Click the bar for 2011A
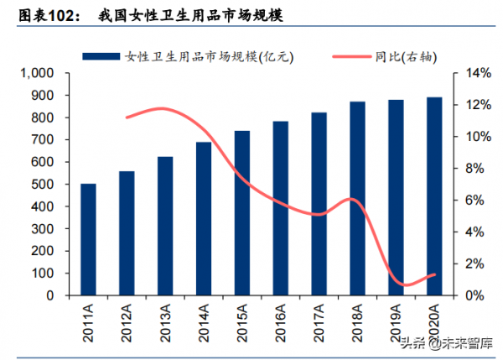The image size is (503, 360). [88, 240]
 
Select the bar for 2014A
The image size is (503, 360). [204, 219]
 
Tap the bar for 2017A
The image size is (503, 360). [319, 204]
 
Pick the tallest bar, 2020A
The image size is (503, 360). [434, 196]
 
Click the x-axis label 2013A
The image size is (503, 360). [165, 322]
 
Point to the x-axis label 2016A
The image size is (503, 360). [281, 322]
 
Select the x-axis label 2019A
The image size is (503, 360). [396, 322]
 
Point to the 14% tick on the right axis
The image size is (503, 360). [476, 74]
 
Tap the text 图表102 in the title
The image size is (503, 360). [42, 14]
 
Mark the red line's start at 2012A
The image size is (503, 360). [127, 117]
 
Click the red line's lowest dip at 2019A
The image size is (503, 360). [404, 285]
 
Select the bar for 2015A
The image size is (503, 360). [242, 213]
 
